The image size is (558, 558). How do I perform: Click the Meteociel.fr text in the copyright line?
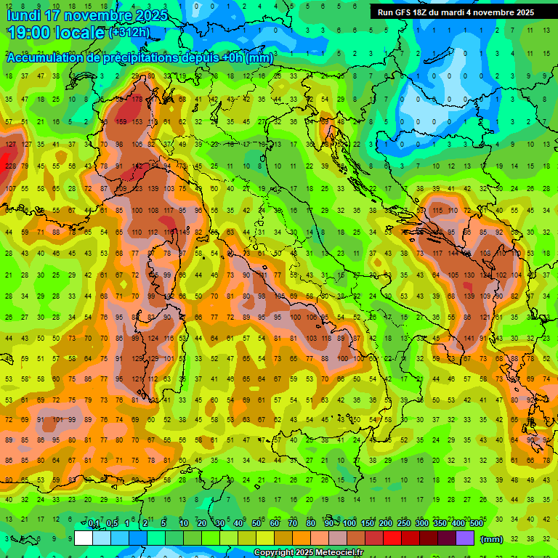[336, 553]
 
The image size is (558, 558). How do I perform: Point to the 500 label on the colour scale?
[476, 524]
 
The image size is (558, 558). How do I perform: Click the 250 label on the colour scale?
[403, 524]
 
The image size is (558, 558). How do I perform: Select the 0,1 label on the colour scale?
[94, 524]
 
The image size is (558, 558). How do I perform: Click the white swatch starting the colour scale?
[84, 538]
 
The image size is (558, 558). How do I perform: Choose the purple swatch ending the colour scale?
[465, 538]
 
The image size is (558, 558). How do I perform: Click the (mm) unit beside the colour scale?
[492, 538]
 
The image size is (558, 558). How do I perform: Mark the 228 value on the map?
[10, 166]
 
